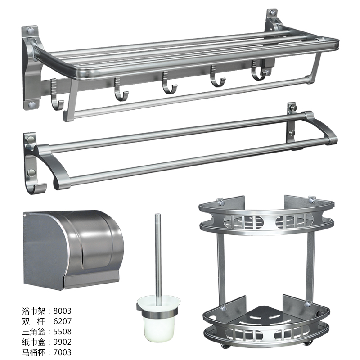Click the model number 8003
[x=63, y=311]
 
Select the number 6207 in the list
[x=63, y=321]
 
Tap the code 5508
[x=63, y=332]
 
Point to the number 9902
[x=63, y=342]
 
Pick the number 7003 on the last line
[x=63, y=352]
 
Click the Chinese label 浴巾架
[x=33, y=311]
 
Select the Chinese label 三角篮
[x=33, y=332]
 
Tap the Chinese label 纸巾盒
[x=33, y=342]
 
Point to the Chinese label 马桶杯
[x=33, y=352]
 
